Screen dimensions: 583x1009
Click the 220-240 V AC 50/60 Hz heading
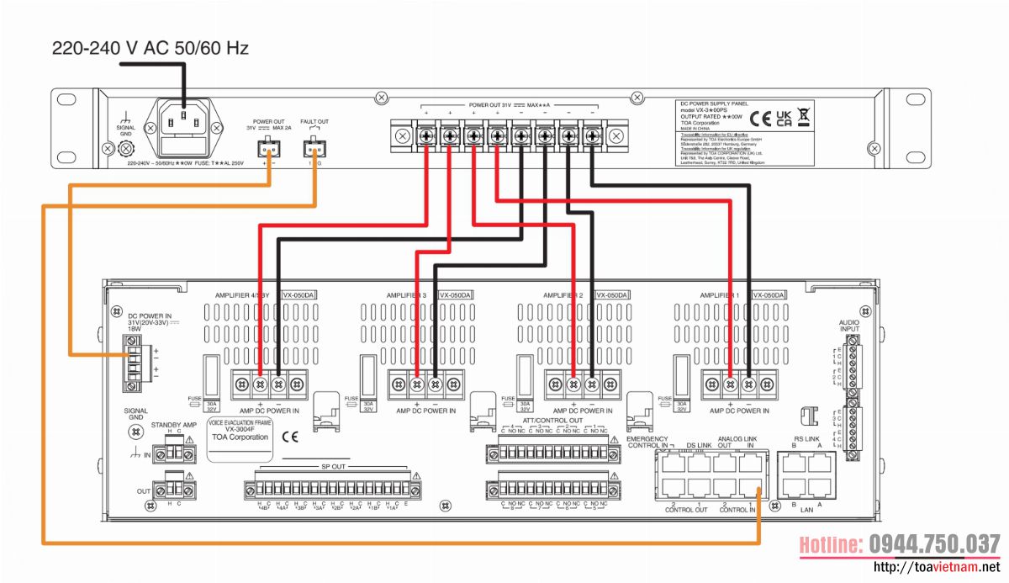[151, 48]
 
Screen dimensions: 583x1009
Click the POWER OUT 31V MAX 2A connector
[269, 148]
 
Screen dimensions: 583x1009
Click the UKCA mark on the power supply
[783, 118]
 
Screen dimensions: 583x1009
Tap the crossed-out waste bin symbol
[804, 118]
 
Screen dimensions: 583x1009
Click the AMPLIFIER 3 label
[407, 295]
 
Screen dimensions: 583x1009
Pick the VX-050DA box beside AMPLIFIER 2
[611, 295]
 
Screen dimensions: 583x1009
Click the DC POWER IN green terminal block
[132, 363]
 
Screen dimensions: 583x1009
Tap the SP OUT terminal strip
[332, 489]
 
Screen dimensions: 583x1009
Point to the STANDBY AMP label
[173, 426]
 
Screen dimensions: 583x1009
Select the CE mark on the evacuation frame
[290, 437]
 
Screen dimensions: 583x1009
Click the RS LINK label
[806, 439]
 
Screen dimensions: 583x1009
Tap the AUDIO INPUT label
[850, 326]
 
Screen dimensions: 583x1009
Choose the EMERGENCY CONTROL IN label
[647, 441]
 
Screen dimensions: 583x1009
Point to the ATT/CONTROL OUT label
[552, 420]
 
